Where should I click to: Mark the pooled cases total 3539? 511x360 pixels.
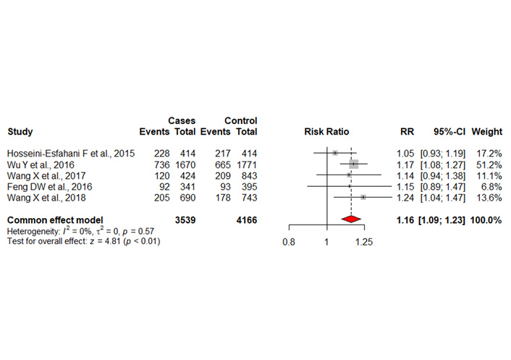pyautogui.click(x=186, y=219)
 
